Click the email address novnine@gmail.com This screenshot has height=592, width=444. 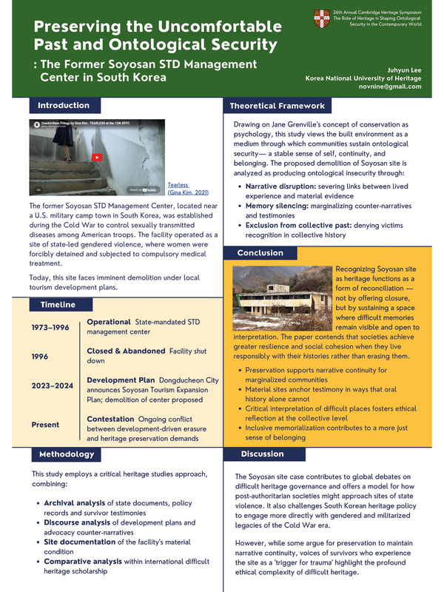pos(389,87)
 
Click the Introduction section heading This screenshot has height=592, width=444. pos(64,105)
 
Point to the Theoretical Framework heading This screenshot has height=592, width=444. pos(277,106)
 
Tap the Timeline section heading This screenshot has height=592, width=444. pos(57,304)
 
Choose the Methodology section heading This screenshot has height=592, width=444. pos(67,452)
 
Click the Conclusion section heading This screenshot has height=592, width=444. pos(260,253)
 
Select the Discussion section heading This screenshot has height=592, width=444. pos(262,454)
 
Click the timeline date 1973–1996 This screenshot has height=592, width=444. pos(51,328)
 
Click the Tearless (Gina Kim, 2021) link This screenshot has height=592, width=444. pos(187,189)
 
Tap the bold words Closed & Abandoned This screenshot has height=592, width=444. pos(126,350)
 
